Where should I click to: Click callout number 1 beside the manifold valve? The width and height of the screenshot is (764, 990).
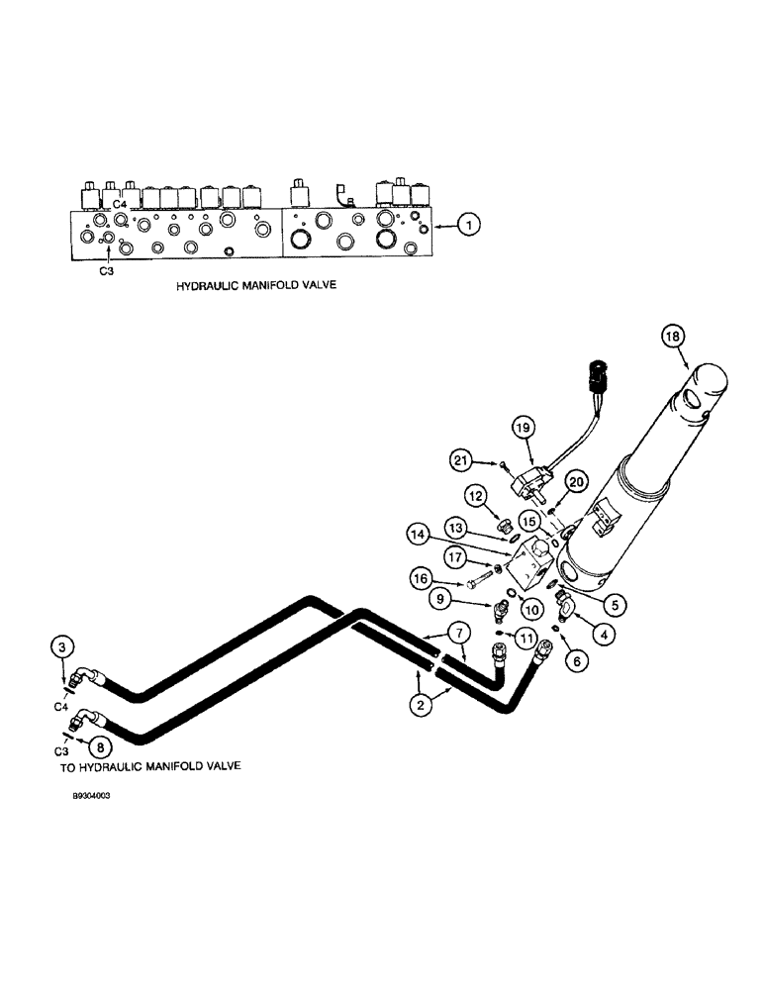click(x=471, y=226)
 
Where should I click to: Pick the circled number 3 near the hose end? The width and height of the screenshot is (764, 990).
click(x=62, y=648)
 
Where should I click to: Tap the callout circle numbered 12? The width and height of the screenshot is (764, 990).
click(x=477, y=494)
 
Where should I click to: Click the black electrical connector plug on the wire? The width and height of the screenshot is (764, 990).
click(x=597, y=377)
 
